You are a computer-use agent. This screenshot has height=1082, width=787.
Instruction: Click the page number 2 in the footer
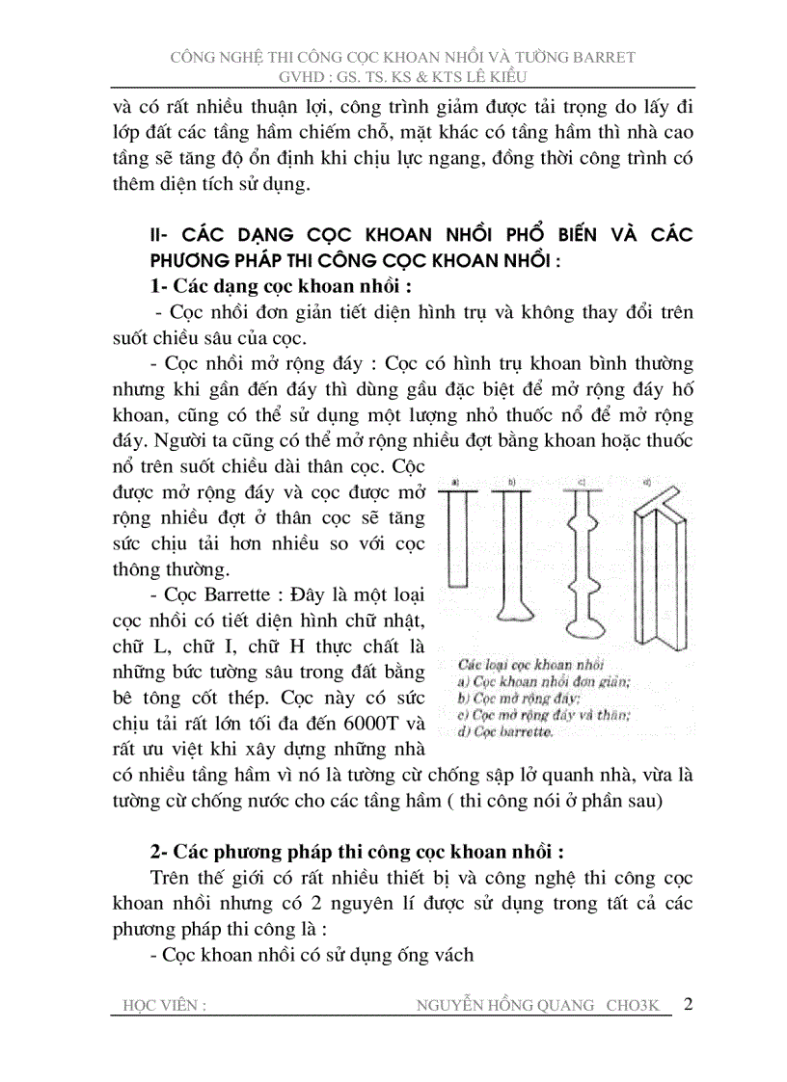click(x=688, y=1004)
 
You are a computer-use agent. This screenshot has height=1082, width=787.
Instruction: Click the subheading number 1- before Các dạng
click(x=160, y=287)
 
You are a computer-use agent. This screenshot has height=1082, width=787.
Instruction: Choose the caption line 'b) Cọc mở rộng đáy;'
click(x=516, y=699)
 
